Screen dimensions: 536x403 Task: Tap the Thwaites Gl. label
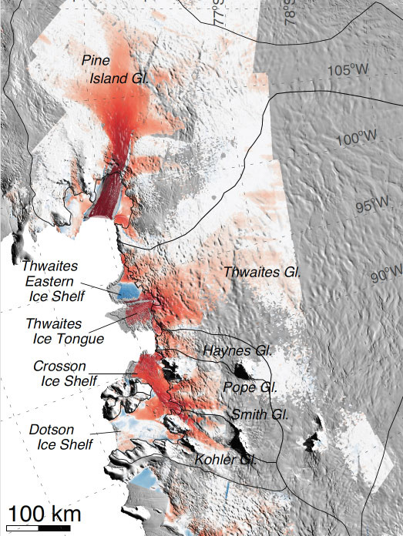coord(261,272)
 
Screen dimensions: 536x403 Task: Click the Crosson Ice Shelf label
coord(65,373)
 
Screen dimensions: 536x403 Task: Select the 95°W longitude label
coord(371,206)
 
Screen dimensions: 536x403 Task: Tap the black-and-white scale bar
coord(36,528)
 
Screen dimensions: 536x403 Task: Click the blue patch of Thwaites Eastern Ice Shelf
coord(126,291)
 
